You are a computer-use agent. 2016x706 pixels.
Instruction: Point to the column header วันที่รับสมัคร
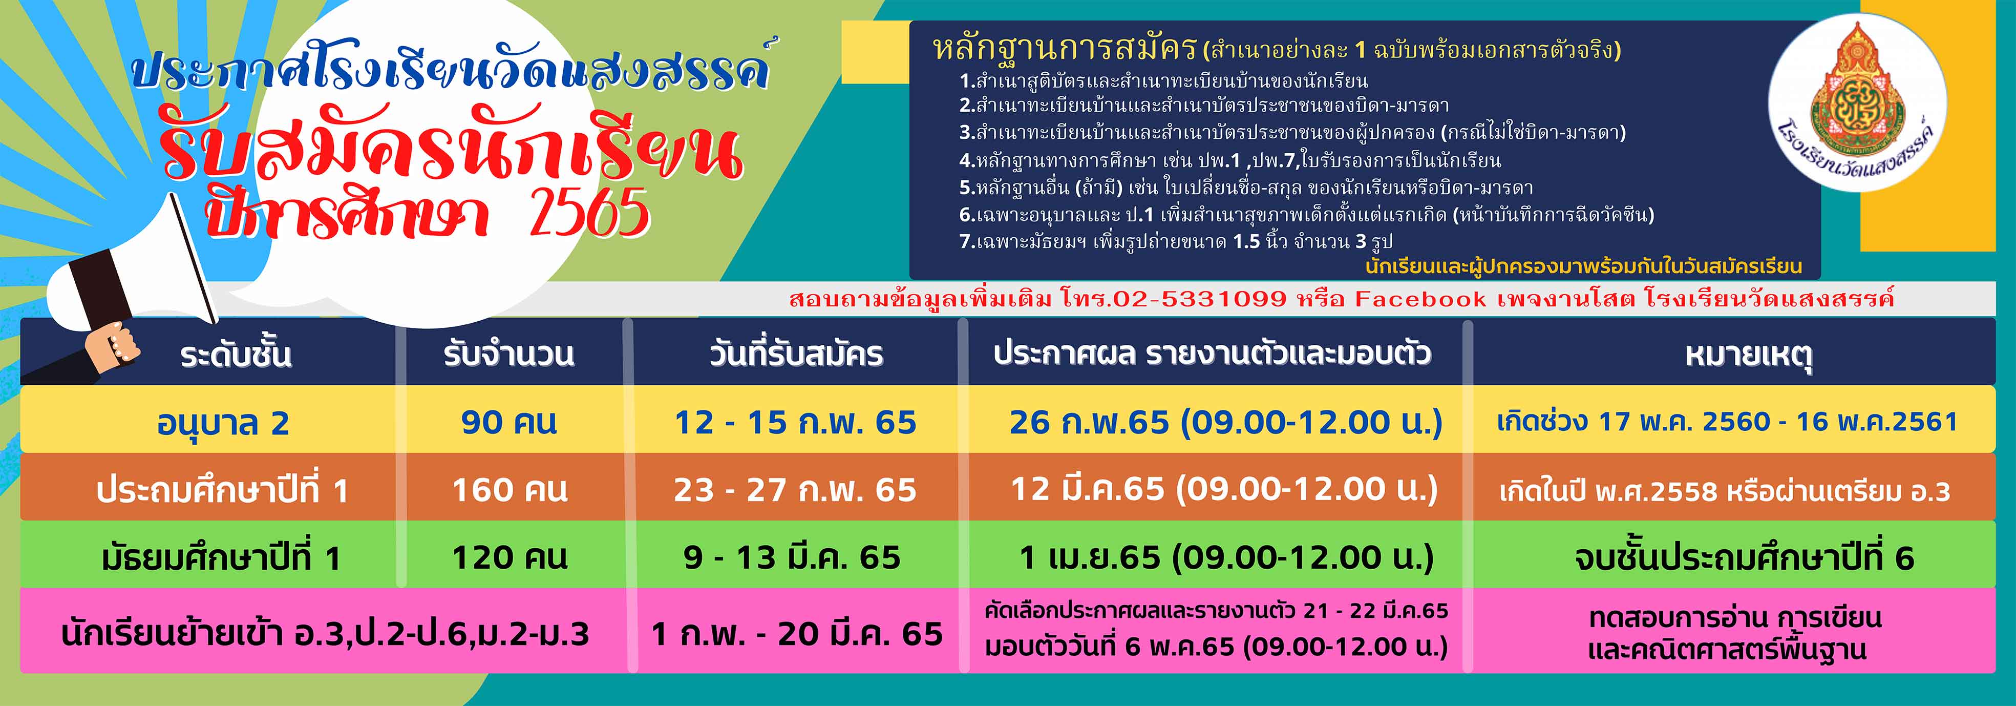[x=796, y=355]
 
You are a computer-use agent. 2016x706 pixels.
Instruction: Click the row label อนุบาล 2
[x=223, y=423]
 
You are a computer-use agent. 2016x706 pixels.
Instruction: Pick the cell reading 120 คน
[x=510, y=558]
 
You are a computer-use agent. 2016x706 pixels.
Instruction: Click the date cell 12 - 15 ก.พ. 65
[x=795, y=423]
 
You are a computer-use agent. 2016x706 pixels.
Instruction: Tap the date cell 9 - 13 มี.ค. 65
[x=792, y=558]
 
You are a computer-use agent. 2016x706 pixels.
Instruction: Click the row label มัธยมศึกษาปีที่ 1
[x=222, y=558]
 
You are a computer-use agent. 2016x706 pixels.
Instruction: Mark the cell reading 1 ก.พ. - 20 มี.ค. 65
[x=797, y=634]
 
